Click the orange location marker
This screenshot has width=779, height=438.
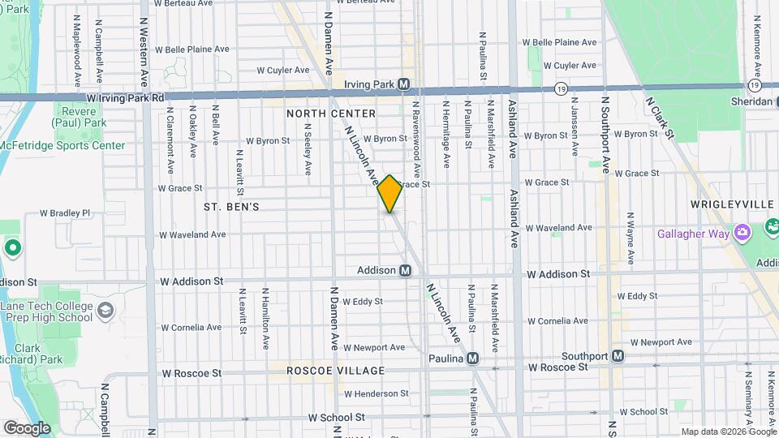(x=390, y=194)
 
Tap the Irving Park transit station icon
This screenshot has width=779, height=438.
(x=404, y=84)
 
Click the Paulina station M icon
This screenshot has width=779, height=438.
(x=472, y=359)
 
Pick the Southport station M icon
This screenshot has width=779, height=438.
(x=618, y=355)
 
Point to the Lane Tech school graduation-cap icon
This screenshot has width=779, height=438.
(x=105, y=310)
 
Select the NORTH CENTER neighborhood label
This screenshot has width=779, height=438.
(x=331, y=114)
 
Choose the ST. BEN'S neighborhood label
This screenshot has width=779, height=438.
(x=232, y=207)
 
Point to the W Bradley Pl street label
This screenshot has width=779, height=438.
(x=65, y=213)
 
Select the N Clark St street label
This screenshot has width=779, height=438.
(x=659, y=117)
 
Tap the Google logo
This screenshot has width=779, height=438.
(x=27, y=428)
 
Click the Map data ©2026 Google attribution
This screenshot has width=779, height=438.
(x=728, y=432)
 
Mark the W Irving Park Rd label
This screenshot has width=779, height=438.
(x=126, y=97)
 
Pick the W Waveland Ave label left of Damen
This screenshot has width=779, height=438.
(x=192, y=234)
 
